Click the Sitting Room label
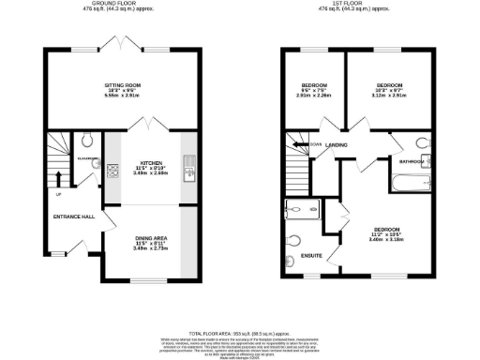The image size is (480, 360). coord(121,85)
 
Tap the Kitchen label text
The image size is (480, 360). coord(150,160)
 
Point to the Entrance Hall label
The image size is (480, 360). coord(74,217)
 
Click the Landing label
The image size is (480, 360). coord(337,144)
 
